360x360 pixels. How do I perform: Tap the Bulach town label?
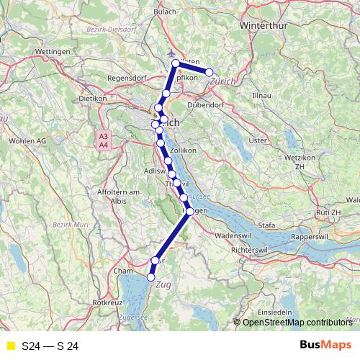coord(165,12)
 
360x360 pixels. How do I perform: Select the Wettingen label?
coord(50,53)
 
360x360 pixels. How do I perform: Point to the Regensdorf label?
coord(127,78)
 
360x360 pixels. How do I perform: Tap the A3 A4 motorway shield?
coord(104,140)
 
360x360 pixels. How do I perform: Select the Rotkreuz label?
coord(107,304)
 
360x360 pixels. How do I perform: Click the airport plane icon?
coord(171,53)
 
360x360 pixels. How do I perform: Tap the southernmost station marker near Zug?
coord(151,277)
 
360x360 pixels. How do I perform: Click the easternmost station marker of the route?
coord(210,72)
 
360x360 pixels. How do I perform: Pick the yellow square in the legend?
coord(9,346)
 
